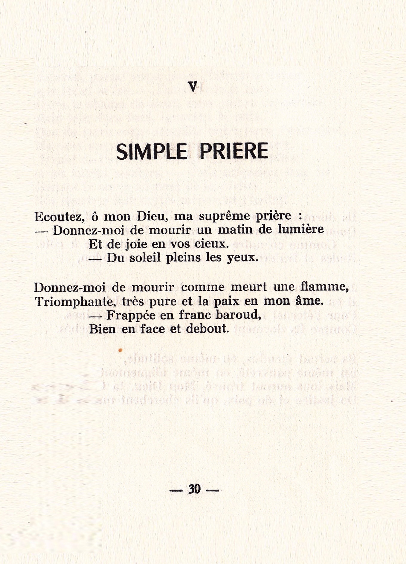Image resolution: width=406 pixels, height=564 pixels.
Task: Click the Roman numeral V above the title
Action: pyautogui.click(x=193, y=87)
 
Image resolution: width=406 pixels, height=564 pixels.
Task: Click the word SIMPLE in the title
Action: pyautogui.click(x=151, y=151)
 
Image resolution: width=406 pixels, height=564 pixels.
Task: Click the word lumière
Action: pyautogui.click(x=301, y=229)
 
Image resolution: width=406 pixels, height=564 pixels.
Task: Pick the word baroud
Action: pyautogui.click(x=238, y=315)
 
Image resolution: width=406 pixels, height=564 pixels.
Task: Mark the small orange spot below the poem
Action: pyautogui.click(x=120, y=350)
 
